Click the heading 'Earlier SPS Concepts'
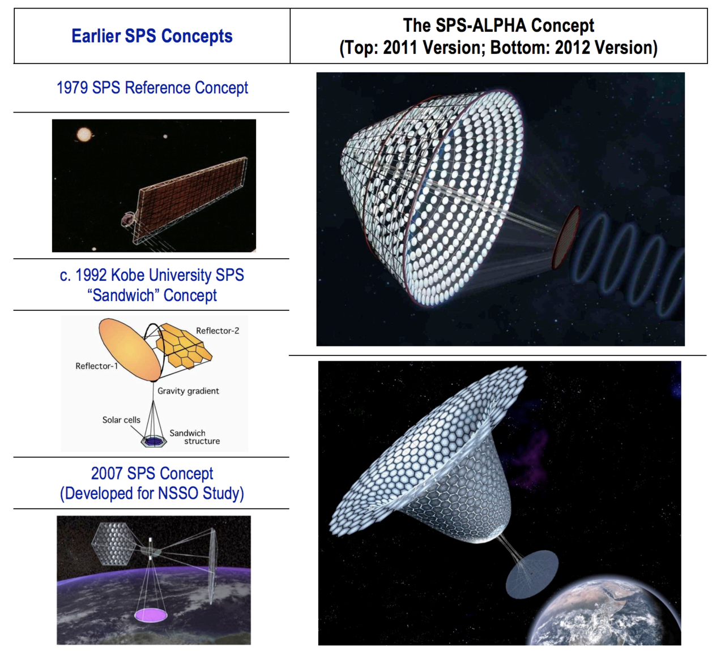tap(152, 36)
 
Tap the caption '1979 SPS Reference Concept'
tap(152, 88)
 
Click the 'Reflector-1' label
tap(97, 366)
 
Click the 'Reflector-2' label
tap(217, 331)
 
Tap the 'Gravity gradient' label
tap(188, 391)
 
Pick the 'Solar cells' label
tap(121, 420)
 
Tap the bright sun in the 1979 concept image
tap(84, 135)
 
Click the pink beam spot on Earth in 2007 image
tap(151, 615)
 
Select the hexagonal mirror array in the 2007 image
tap(114, 543)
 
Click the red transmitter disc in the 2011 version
tap(566, 237)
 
